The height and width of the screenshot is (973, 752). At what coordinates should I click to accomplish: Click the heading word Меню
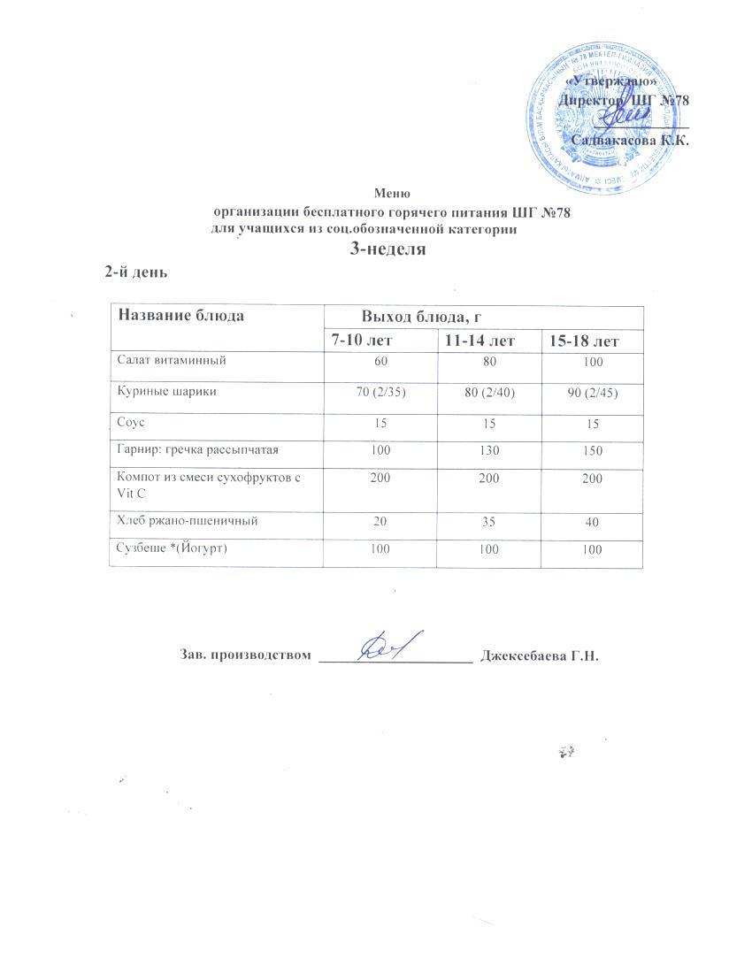click(x=392, y=192)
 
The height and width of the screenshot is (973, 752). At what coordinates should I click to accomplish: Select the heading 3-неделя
click(x=389, y=249)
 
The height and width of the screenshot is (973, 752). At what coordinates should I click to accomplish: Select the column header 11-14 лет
click(x=480, y=341)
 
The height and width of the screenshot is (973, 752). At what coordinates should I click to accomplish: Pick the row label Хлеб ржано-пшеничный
click(x=188, y=521)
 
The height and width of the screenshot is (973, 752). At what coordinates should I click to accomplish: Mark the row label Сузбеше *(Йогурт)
click(x=173, y=548)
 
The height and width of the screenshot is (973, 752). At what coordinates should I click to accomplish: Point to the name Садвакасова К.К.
click(x=630, y=140)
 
